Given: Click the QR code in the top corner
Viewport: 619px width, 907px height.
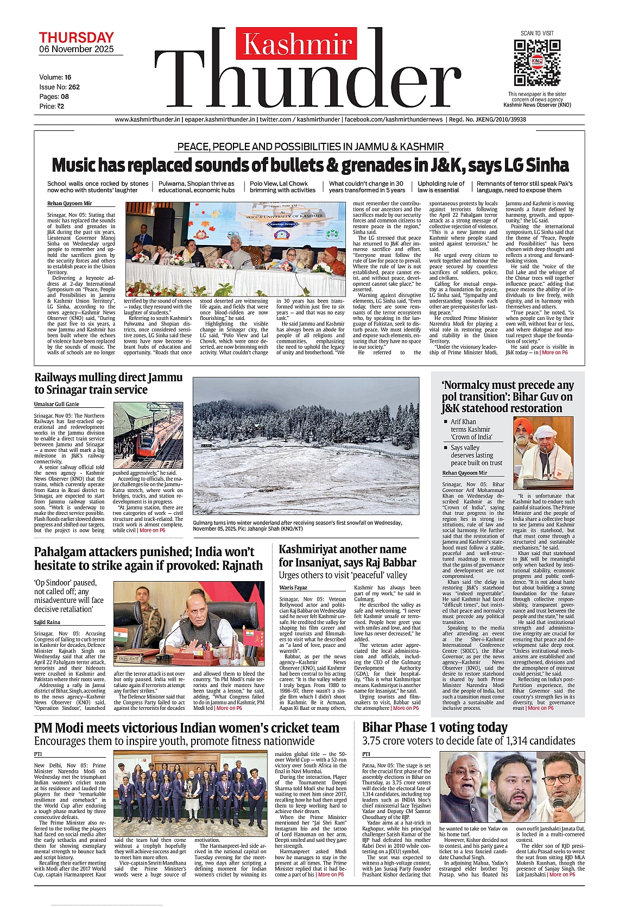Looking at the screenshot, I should point(537,62).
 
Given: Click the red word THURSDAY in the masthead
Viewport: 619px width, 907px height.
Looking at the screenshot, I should point(76,37).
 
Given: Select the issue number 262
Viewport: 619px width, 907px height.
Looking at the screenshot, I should point(74,87).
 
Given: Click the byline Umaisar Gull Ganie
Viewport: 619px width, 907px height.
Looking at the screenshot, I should point(56,404).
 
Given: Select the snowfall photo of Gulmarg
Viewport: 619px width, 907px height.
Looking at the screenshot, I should point(306,446).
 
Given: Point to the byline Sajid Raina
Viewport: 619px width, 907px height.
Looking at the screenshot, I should point(47,622).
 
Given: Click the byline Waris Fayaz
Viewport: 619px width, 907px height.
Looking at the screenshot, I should point(293,588).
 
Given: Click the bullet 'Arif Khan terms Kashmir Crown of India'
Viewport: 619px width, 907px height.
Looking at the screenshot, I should point(470,429).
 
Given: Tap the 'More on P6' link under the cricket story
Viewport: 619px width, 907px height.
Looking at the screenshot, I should point(331,874).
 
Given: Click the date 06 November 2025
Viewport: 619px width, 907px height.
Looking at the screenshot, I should point(77,49).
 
